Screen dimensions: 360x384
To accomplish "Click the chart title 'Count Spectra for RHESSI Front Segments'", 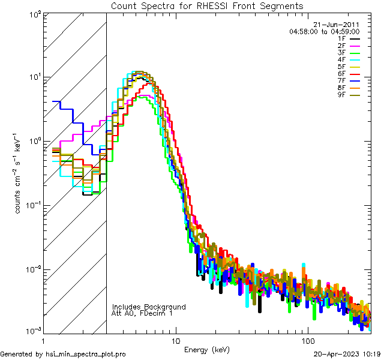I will point(207,6).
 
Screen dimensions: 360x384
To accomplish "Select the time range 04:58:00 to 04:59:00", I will point(324,31).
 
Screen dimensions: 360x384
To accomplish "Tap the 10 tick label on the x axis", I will point(175,340).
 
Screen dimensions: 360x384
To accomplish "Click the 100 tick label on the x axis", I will point(307,340).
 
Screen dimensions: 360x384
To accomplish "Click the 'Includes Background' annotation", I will point(149,307).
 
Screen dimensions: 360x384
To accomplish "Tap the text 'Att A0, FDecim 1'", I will point(142,313).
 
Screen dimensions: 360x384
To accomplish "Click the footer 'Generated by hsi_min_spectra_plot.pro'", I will point(63,354).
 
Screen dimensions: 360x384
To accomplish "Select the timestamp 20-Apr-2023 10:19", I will point(347,354).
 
